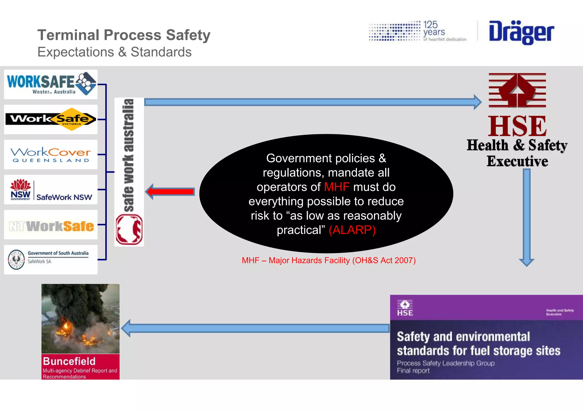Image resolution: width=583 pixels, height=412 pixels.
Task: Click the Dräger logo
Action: (x=521, y=32)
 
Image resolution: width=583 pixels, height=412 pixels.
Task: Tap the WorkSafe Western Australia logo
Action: (x=51, y=84)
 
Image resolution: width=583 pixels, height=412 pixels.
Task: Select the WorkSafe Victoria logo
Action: (x=51, y=119)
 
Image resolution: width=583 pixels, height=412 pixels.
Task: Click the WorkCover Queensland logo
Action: (x=51, y=154)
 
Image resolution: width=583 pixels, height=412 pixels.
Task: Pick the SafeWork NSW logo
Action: (x=51, y=190)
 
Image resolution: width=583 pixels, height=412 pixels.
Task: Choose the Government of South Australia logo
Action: (x=51, y=259)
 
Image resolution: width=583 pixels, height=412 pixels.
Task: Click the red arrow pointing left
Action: (x=170, y=191)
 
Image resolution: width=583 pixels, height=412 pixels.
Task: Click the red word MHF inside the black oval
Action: (x=336, y=187)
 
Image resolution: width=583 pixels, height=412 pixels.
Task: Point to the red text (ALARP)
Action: (x=352, y=230)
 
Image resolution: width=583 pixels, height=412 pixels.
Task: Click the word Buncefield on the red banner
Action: (x=69, y=361)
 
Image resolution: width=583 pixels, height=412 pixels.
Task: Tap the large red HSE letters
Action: (x=517, y=126)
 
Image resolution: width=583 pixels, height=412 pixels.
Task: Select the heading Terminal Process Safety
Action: (x=124, y=35)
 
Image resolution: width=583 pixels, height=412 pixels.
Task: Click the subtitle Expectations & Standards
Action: (x=114, y=52)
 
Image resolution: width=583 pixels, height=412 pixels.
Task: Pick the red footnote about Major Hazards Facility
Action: (x=329, y=260)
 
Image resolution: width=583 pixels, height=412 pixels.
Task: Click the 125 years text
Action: (x=434, y=28)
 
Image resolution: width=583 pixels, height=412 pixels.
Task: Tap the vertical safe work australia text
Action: (x=129, y=155)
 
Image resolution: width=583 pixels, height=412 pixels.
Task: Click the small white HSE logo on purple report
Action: (x=405, y=308)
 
